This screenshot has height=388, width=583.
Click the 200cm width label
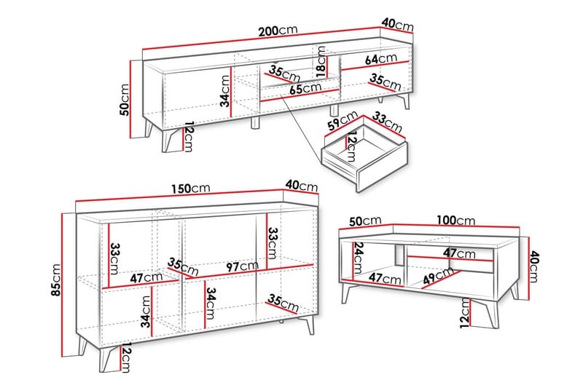tap(278, 31)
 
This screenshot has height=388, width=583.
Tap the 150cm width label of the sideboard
tap(191, 189)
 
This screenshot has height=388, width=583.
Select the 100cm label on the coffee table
tap(456, 221)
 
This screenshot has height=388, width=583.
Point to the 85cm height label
tap(56, 280)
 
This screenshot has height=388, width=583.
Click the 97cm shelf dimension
tap(242, 266)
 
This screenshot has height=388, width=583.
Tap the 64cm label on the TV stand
tap(380, 59)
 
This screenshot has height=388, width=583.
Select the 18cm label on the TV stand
tap(321, 62)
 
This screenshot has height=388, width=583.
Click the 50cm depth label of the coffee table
tap(365, 221)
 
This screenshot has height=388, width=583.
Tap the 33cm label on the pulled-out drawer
tap(387, 122)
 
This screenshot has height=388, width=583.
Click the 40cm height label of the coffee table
tap(533, 266)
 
